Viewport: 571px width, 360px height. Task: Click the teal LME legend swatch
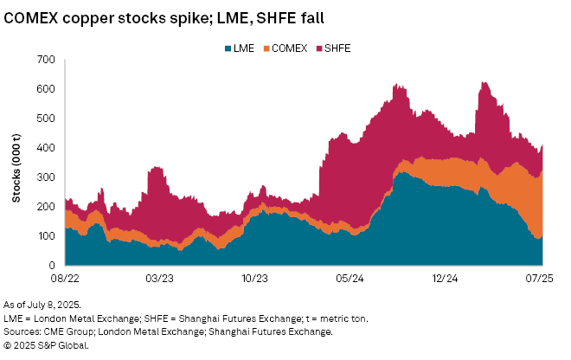click(228, 48)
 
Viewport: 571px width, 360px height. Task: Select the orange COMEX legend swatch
click(266, 48)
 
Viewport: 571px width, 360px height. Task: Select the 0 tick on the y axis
click(52, 265)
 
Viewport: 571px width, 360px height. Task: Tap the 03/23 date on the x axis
click(160, 279)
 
